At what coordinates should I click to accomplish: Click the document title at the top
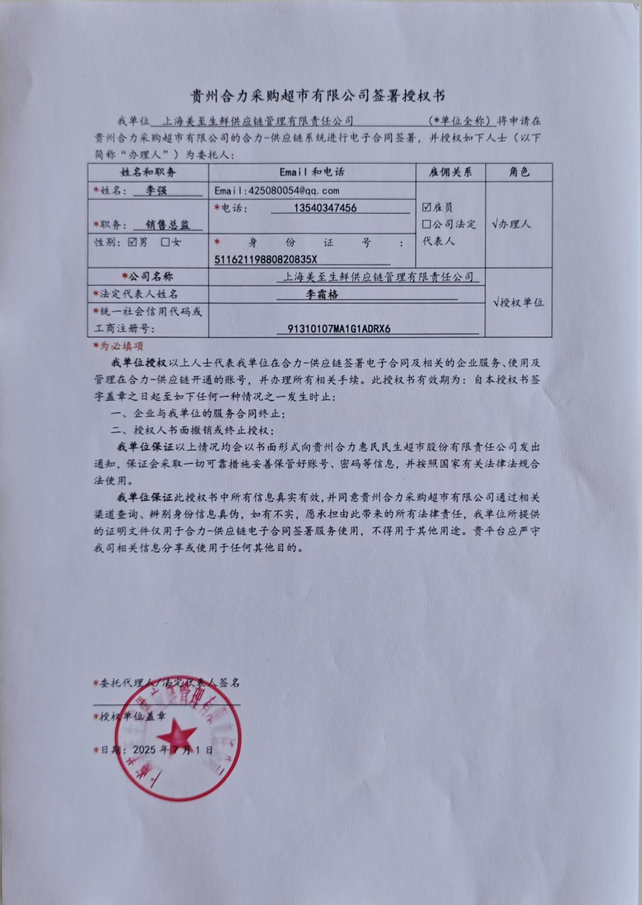(x=317, y=95)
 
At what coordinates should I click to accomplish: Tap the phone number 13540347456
(x=325, y=208)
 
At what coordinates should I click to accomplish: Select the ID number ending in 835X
(x=266, y=260)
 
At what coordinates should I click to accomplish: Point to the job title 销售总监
(x=168, y=225)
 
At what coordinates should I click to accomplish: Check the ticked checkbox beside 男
(x=133, y=242)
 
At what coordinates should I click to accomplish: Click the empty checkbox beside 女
(x=165, y=242)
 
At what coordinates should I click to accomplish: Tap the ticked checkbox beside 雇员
(x=427, y=207)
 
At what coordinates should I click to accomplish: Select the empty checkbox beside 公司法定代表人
(x=427, y=224)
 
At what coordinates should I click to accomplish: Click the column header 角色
(x=519, y=172)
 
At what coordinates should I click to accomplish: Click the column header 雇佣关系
(x=450, y=172)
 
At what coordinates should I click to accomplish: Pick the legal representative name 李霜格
(x=322, y=294)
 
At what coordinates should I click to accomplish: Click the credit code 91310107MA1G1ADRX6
(x=339, y=329)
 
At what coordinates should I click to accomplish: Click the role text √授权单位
(x=518, y=303)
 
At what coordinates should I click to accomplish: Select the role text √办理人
(x=511, y=224)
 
